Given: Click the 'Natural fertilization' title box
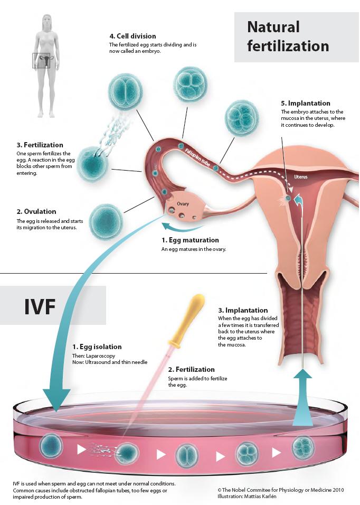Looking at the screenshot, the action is coord(297,37).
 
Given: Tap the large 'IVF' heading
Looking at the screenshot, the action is coord(40,306).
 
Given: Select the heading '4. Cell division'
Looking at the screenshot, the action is coord(132,36).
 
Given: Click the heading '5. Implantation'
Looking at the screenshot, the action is coord(305,104).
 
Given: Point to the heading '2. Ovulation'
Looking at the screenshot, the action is coord(36,212).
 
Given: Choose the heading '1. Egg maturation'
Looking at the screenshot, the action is coord(190,240).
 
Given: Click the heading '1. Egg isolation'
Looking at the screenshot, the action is coord(97,347).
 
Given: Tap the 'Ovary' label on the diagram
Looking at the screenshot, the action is coord(183,204).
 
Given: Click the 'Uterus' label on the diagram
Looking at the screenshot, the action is coord(300,177).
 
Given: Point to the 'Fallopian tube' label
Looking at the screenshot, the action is coord(197,157).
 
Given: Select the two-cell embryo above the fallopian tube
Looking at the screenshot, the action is coord(125,91).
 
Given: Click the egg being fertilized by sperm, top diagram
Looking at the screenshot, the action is coord(92,164).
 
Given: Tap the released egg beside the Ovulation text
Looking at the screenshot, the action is coord(106,221).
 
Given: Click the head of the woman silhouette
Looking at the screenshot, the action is coord(47,22).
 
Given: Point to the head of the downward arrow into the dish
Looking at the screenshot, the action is coord(56,400).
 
